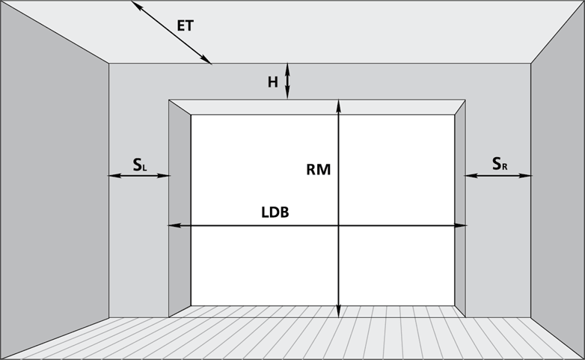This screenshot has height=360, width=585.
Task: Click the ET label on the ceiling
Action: [x=185, y=25]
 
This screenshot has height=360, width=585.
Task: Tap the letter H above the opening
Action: [x=273, y=82]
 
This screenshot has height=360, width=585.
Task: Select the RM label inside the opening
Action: [x=318, y=170]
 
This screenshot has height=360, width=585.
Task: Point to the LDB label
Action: [x=275, y=212]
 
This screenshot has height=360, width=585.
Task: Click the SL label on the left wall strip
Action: [x=140, y=165]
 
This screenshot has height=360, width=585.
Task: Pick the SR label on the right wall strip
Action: [x=500, y=163]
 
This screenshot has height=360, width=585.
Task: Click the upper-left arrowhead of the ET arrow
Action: [x=135, y=4]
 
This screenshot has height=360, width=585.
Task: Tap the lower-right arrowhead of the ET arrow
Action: [x=207, y=61]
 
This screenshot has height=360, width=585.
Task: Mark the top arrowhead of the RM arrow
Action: [x=338, y=105]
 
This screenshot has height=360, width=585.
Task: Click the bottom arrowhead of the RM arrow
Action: [x=338, y=311]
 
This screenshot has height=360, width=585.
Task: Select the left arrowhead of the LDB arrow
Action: [x=174, y=225]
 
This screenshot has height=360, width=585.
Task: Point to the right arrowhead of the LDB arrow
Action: [x=460, y=225]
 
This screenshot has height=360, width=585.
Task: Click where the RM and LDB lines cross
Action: [x=338, y=225]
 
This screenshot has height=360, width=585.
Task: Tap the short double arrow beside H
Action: [x=287, y=81]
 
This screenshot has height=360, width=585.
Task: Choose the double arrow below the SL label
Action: [x=139, y=176]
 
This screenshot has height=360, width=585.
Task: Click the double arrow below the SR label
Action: [x=498, y=176]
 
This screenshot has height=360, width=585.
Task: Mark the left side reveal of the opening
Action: [x=180, y=209]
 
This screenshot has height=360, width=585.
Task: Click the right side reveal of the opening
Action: [x=460, y=209]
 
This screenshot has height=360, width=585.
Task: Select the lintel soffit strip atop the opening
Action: [x=317, y=107]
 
